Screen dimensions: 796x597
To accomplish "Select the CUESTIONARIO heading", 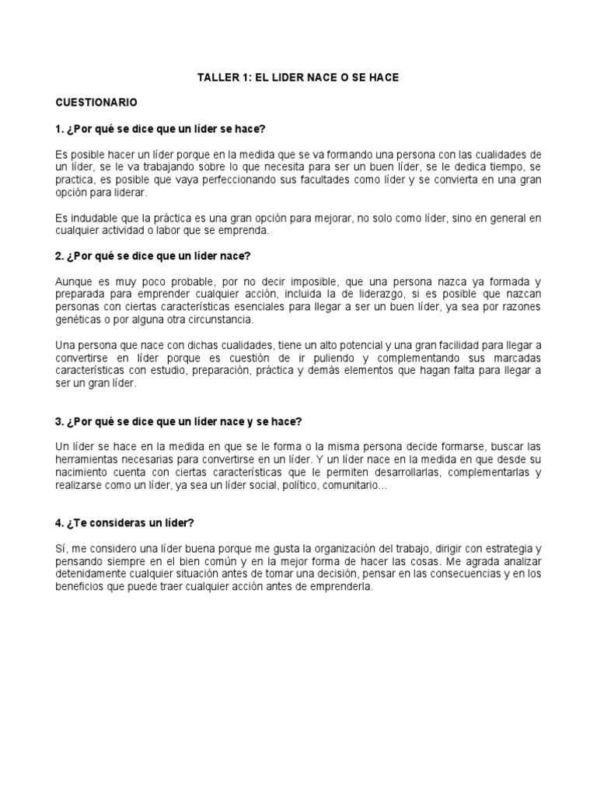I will tap(96, 103).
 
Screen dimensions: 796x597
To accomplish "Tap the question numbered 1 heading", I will tap(166, 127).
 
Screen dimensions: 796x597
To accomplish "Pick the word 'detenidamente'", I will tap(93, 574).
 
